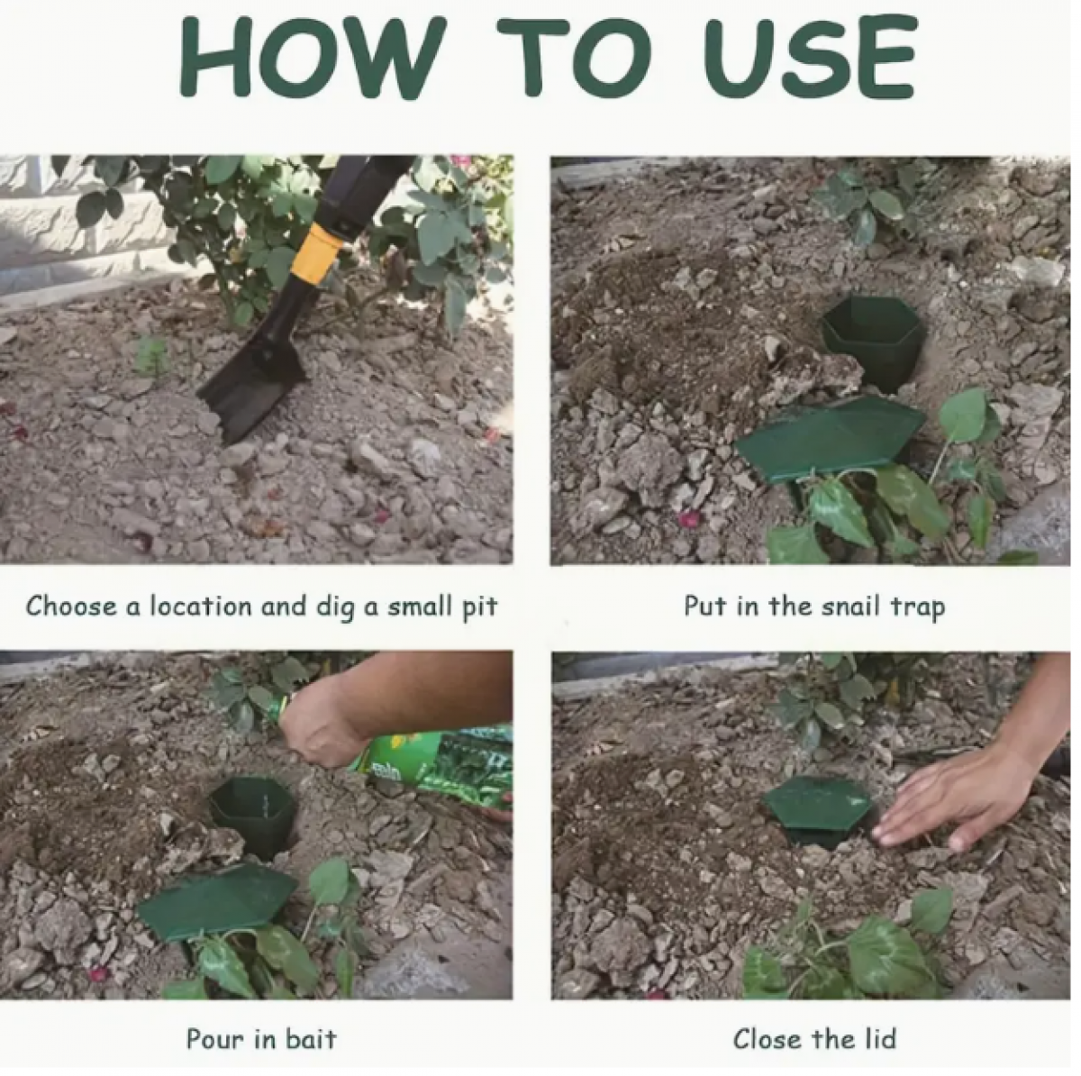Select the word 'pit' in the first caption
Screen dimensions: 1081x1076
coord(479,608)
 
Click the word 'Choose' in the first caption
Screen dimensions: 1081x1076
coord(71,606)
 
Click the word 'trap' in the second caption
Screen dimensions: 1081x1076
coord(917,608)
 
